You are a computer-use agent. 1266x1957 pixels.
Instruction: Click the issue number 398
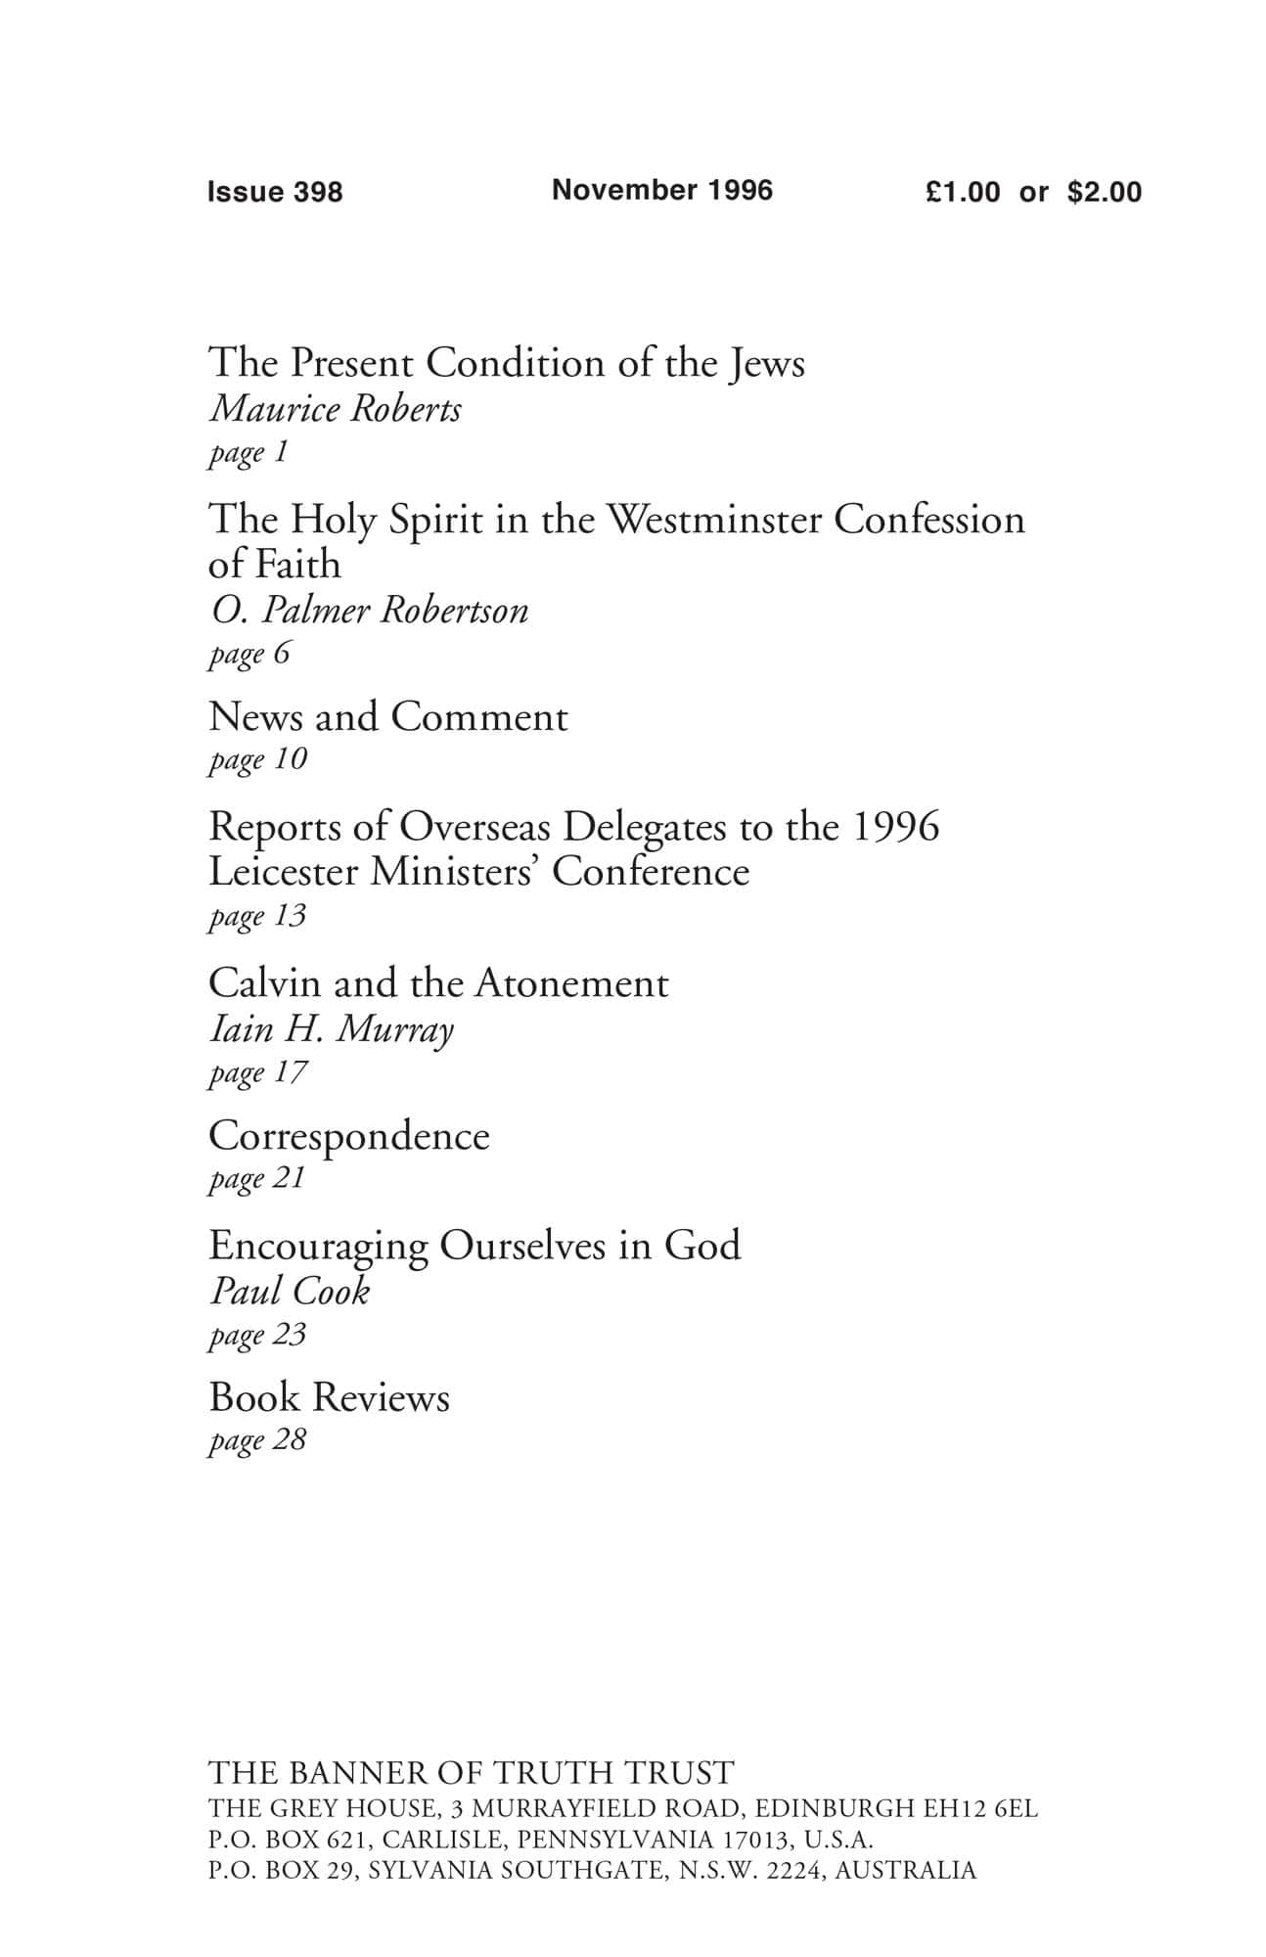point(317,192)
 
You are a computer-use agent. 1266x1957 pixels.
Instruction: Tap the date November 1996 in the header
point(662,190)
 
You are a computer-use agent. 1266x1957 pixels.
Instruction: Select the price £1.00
point(963,192)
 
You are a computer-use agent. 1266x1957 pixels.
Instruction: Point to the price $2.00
point(1105,192)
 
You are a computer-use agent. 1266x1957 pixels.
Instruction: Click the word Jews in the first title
point(765,364)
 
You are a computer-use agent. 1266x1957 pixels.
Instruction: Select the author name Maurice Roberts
point(336,409)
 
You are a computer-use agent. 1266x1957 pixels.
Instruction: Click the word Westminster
point(714,520)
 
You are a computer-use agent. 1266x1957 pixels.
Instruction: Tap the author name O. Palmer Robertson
point(369,611)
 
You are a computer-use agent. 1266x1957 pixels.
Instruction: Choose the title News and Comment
point(387,717)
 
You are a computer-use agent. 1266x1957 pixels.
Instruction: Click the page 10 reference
point(257,759)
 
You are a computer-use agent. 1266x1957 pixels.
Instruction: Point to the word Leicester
point(283,872)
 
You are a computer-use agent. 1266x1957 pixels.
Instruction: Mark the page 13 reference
point(257,916)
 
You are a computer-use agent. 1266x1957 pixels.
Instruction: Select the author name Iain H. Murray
point(332,1029)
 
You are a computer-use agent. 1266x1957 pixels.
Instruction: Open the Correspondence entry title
point(348,1137)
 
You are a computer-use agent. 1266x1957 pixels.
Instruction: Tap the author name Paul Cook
point(290,1292)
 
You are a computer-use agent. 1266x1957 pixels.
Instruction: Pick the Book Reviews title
point(329,1398)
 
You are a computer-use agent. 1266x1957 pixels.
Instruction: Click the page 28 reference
point(257,1440)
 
